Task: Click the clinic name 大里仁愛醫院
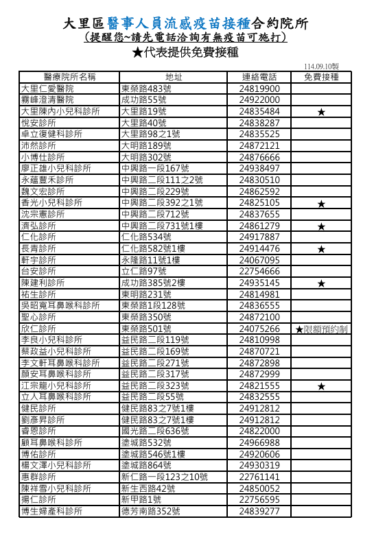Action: tap(47, 88)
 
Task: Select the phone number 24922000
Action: tap(259, 99)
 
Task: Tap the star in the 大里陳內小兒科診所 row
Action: tap(321, 112)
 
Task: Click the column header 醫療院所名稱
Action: tap(69, 77)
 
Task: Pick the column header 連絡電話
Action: tap(259, 77)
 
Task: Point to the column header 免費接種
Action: tap(321, 77)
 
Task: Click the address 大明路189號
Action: tap(146, 145)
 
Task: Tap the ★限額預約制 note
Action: tap(321, 330)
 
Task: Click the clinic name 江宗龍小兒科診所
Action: tap(56, 386)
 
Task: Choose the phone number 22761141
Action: tap(259, 477)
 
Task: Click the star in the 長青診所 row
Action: tap(321, 249)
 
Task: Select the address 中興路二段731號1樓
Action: tap(162, 226)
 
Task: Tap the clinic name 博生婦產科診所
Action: tap(51, 512)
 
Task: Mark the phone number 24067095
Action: tap(259, 260)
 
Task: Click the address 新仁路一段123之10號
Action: tap(165, 477)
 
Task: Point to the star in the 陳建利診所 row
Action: tap(321, 283)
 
